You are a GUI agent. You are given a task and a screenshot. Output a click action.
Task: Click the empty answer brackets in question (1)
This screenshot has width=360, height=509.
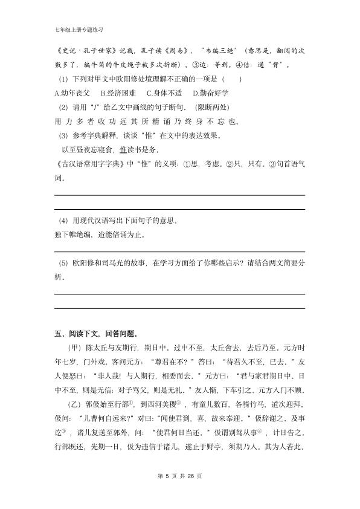click(232, 79)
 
